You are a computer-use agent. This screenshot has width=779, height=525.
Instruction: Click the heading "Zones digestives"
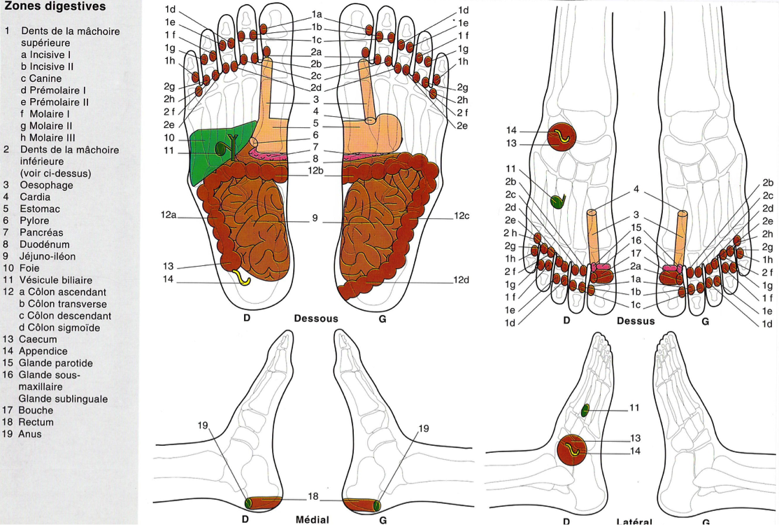(55, 7)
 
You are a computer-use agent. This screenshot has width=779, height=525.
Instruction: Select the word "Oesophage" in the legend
(47, 185)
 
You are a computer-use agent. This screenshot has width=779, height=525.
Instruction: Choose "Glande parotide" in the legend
(56, 363)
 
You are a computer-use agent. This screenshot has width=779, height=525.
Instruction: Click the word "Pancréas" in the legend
(41, 232)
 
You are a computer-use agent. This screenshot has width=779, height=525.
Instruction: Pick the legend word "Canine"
(46, 78)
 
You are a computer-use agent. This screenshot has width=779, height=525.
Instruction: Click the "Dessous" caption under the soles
(316, 318)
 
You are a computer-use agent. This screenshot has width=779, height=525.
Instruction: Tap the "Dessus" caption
(636, 321)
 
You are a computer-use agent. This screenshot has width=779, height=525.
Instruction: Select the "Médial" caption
(313, 519)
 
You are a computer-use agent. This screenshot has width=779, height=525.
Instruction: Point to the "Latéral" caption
(635, 521)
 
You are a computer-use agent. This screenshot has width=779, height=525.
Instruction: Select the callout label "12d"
(461, 281)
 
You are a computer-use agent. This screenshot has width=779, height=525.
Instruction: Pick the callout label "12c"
(461, 216)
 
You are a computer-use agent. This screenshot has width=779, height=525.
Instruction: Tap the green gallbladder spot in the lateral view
(585, 410)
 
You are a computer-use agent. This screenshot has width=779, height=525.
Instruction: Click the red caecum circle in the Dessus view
(562, 137)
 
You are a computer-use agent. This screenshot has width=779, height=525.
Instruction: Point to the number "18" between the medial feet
(313, 496)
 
